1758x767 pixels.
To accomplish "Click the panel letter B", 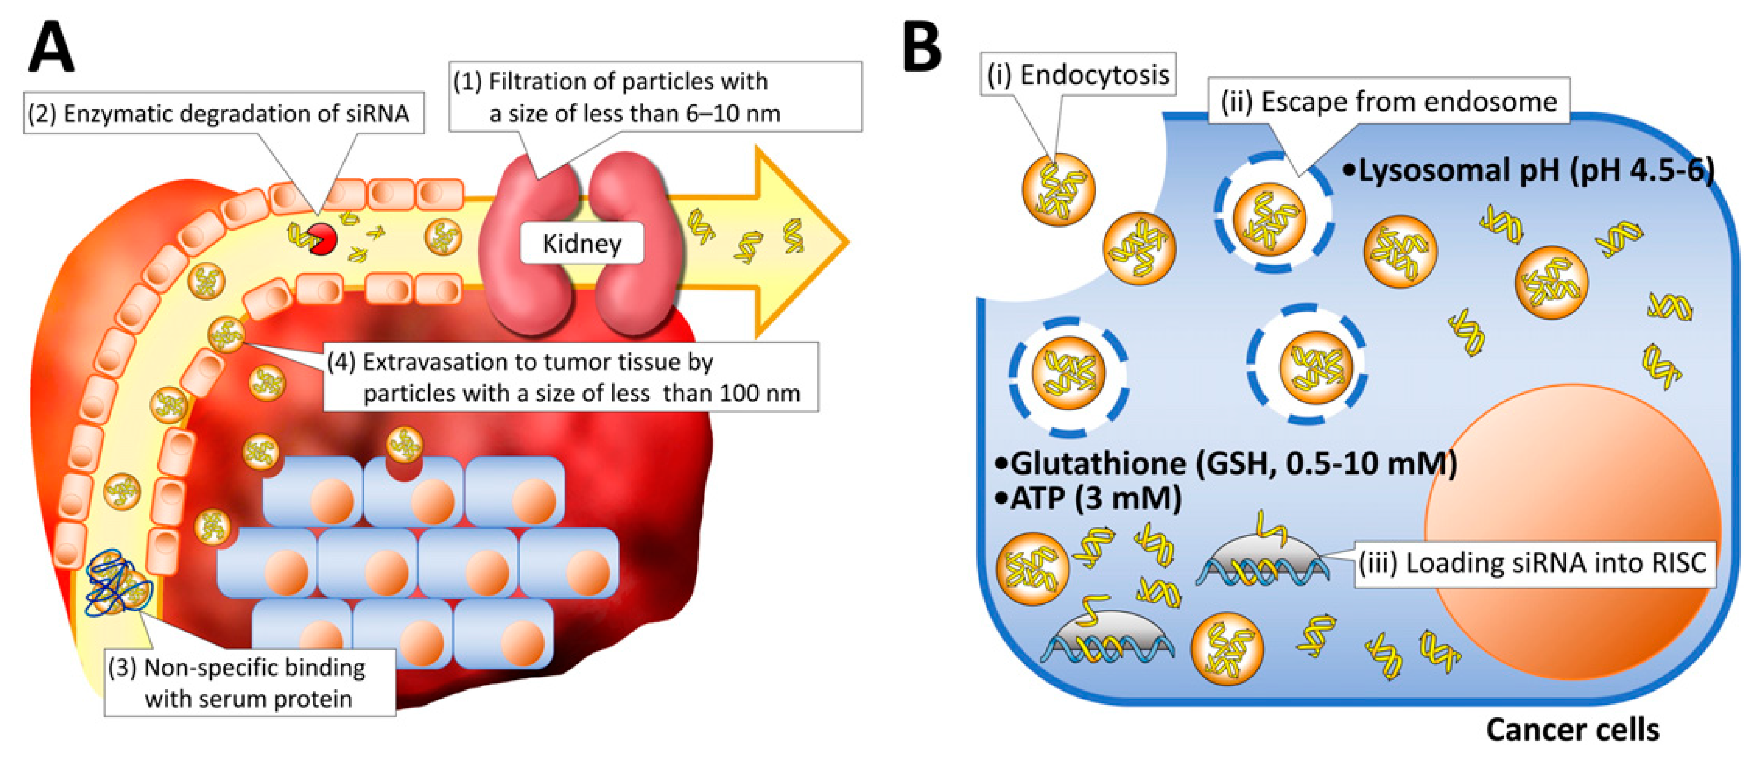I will pos(921,46).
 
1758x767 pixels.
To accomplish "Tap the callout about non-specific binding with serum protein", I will pos(250,682).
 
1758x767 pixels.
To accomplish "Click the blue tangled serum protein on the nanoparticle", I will pos(115,585).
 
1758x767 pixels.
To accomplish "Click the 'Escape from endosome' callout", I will pos(1389,102).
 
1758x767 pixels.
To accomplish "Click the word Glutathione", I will pos(1099,464).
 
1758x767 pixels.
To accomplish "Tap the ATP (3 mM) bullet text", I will pos(1089,499).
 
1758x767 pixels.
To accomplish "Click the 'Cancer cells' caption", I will pos(1573,730).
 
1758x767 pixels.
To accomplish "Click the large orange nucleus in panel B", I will pos(1570,532).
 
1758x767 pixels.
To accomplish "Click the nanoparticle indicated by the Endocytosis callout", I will pos(1058,190).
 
